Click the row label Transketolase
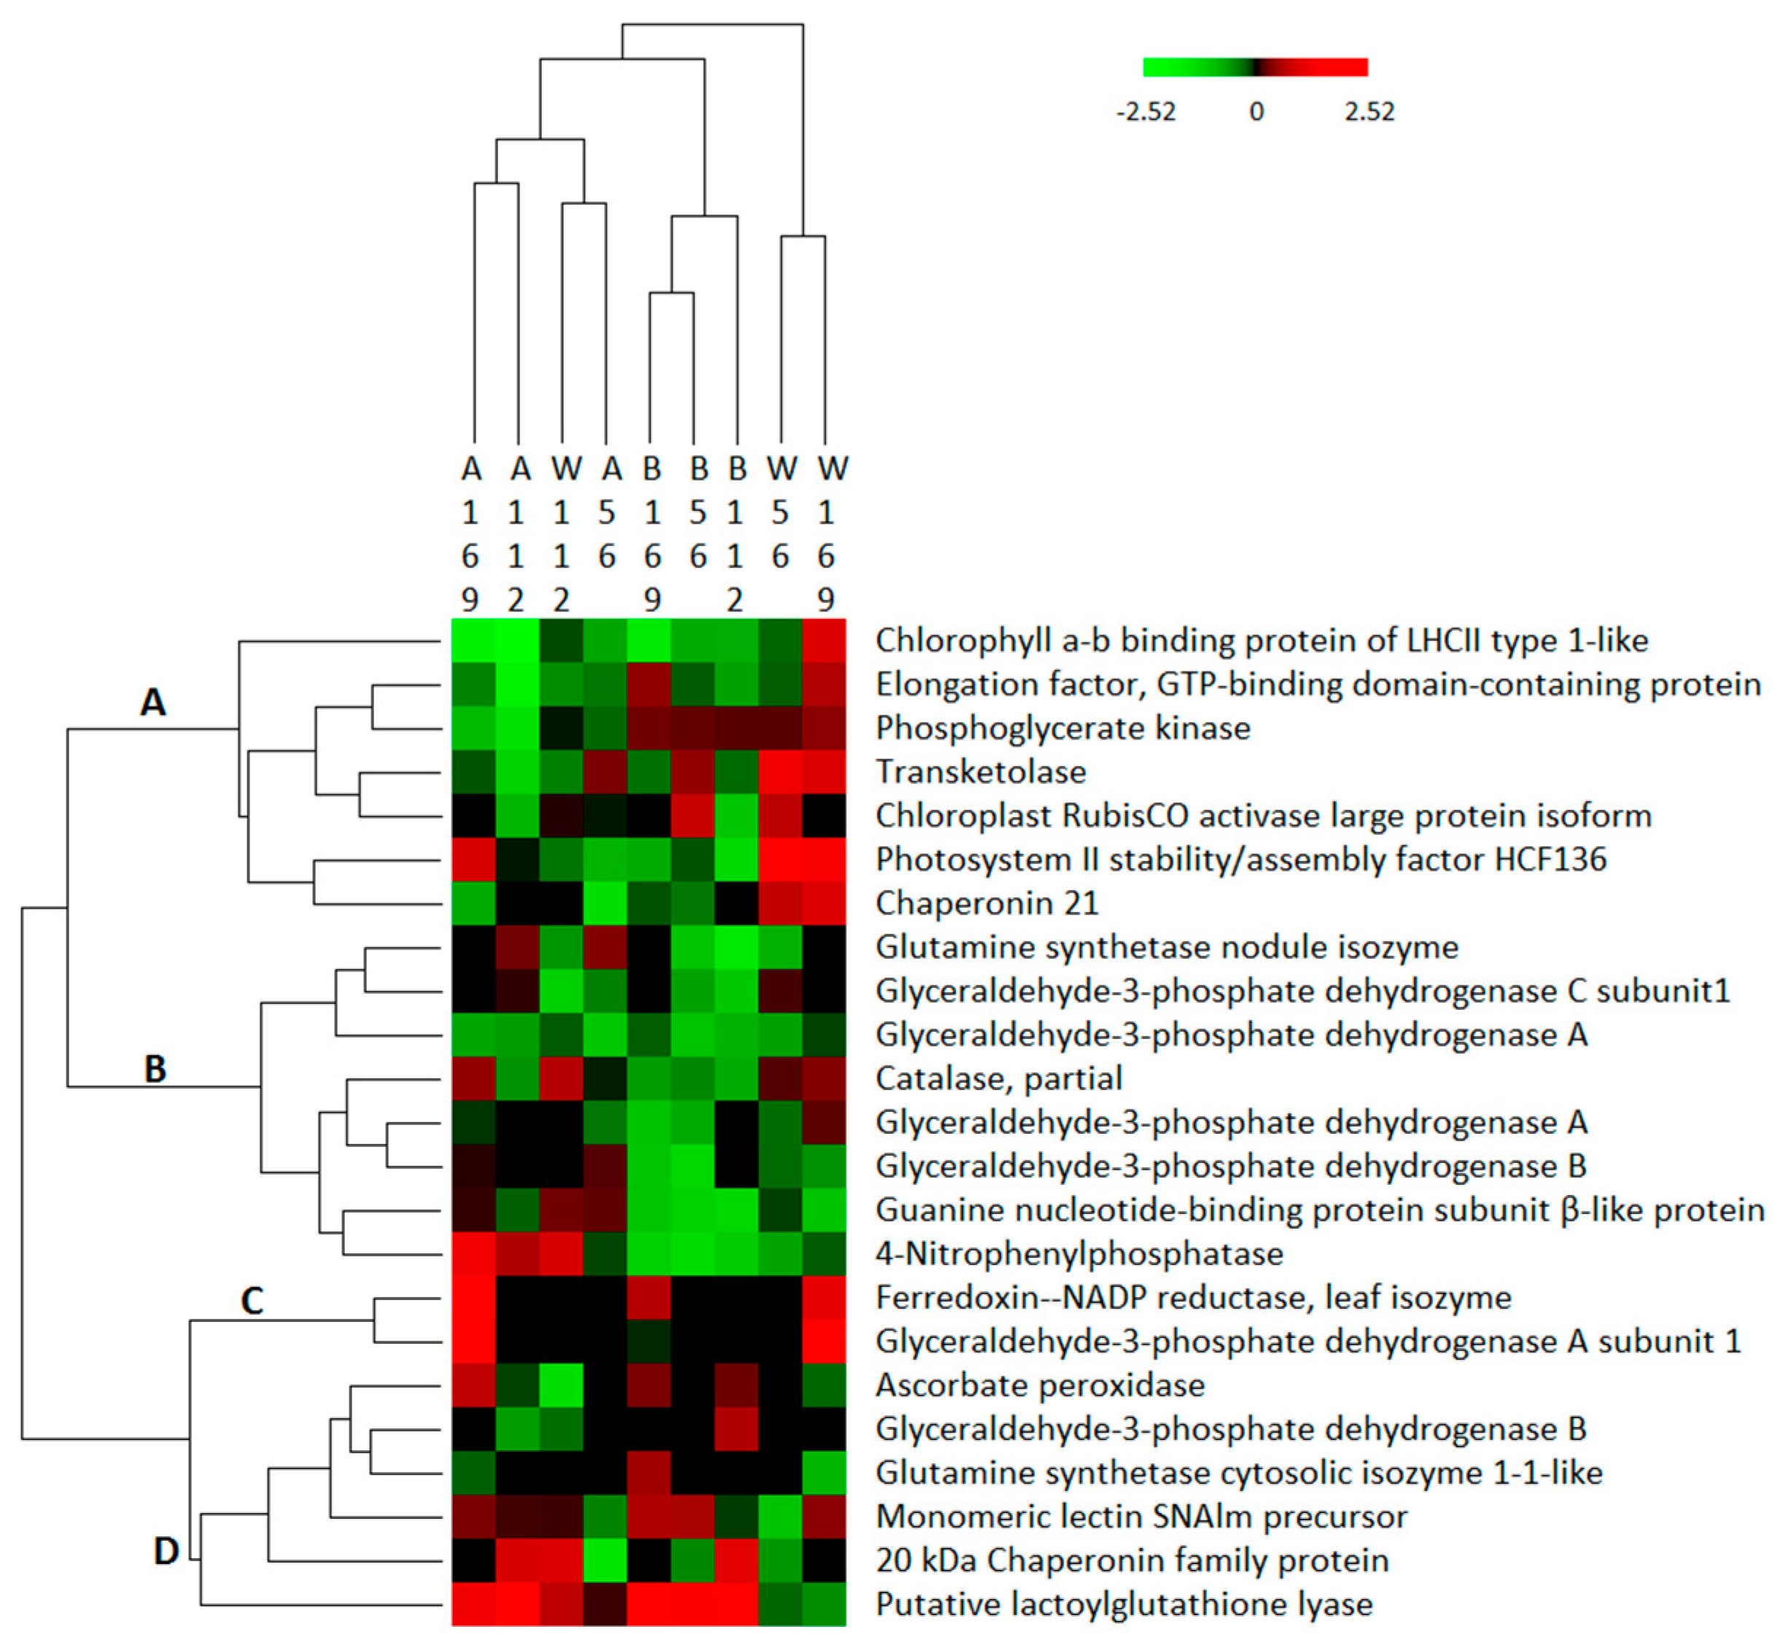(x=980, y=771)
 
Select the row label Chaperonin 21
(x=987, y=903)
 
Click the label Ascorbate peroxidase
(x=1040, y=1385)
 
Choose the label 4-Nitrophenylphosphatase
(x=1079, y=1253)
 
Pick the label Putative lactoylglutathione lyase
(x=1124, y=1604)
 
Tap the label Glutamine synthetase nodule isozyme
(x=1166, y=946)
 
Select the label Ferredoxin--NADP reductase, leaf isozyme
(x=1193, y=1297)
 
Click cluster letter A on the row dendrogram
(x=153, y=702)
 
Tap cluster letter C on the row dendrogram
(x=252, y=1301)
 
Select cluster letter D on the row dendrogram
(x=166, y=1551)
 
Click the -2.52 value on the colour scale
(x=1146, y=112)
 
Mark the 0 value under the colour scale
(x=1257, y=112)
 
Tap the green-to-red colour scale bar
(x=1255, y=68)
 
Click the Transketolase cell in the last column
(x=824, y=771)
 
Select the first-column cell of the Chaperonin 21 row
(x=473, y=903)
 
